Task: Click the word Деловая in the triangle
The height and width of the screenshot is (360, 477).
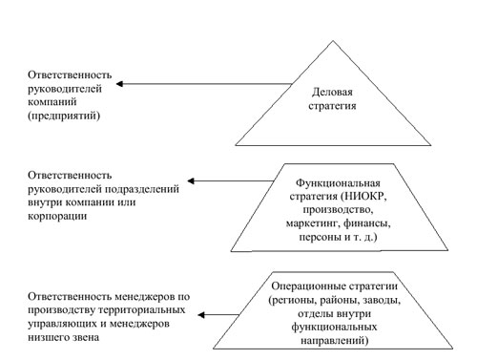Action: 332,93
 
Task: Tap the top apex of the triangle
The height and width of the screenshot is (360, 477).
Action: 333,41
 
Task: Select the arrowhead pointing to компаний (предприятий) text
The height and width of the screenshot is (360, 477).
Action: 119,84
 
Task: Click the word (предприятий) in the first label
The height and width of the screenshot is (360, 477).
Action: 64,116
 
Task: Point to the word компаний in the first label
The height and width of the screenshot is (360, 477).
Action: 52,102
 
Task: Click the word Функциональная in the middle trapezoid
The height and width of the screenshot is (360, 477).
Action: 338,183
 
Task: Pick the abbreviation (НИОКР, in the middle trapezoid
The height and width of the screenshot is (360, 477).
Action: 364,197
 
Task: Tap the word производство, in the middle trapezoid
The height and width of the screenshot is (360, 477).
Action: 338,210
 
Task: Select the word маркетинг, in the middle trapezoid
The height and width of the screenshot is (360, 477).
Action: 313,224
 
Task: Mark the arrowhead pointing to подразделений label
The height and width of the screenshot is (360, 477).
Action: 191,181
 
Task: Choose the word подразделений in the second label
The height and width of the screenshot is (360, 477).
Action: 142,189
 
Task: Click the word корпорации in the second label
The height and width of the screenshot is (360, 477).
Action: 57,217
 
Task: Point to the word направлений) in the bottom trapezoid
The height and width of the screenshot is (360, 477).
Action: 335,341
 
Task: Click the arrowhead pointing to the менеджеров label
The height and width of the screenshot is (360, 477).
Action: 201,315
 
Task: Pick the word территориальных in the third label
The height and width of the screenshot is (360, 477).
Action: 142,310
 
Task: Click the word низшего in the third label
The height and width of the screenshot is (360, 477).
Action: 50,337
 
